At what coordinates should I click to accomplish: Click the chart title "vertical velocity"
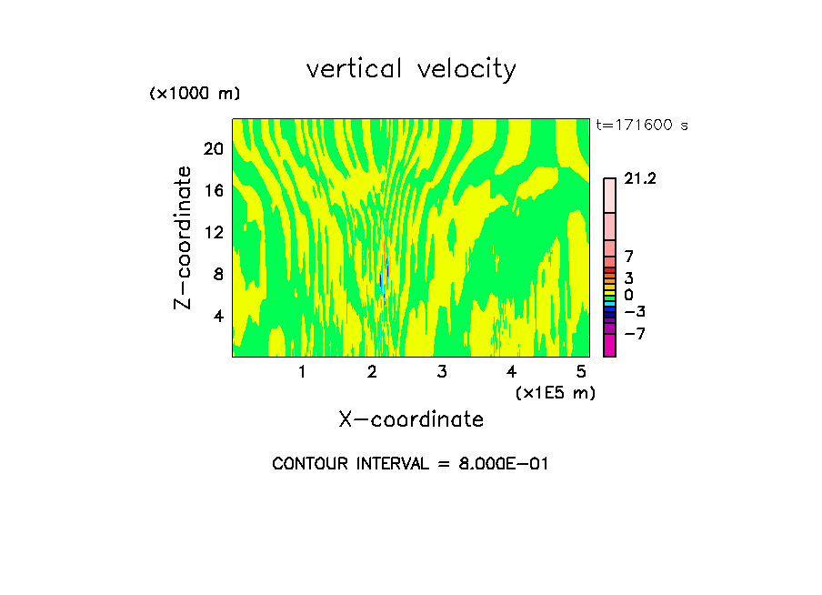coord(411,69)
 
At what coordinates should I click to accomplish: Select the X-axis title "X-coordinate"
coord(411,419)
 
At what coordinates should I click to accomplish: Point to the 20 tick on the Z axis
coord(213,148)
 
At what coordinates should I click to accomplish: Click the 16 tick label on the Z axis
coord(213,190)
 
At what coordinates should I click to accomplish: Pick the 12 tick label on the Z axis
coord(213,232)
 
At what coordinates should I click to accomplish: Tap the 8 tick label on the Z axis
coord(217,274)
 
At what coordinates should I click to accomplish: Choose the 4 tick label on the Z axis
coord(217,316)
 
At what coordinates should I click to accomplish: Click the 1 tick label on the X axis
coord(302,372)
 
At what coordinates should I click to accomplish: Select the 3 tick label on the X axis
coord(442,372)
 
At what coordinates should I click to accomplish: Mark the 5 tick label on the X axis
coord(581,372)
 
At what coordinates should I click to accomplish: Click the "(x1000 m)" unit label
coord(194,95)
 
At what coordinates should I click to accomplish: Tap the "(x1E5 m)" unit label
coord(555,392)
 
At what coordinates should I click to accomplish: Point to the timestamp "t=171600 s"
coord(642,126)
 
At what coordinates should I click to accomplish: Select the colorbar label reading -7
coord(634,334)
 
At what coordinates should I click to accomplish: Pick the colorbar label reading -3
coord(634,312)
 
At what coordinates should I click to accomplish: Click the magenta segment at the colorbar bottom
coord(609,346)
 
